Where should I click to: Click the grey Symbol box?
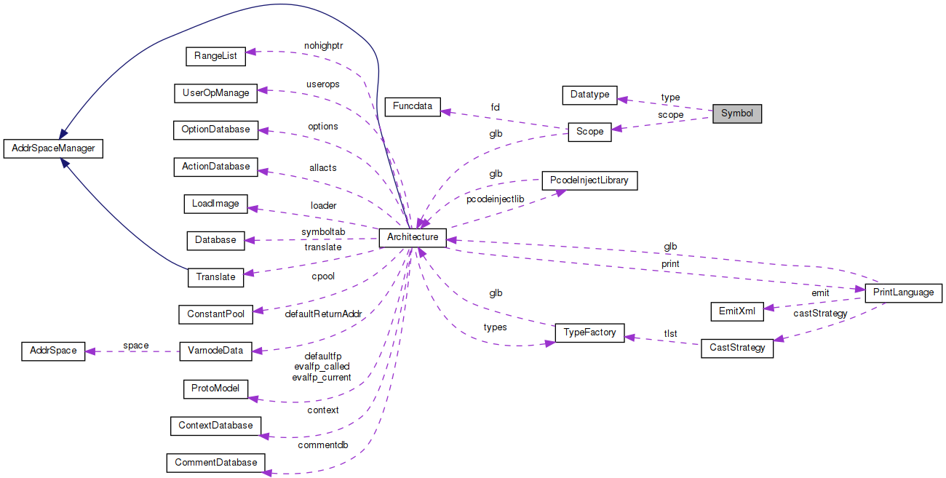736,114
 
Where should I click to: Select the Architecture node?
412,237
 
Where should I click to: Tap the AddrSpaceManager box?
53,149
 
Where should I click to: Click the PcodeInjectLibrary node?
589,180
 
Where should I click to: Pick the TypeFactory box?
589,332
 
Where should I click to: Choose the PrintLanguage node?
903,292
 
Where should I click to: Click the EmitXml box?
736,311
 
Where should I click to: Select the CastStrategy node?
737,348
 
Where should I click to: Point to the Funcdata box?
413,106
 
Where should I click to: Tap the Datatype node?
589,95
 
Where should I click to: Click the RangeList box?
216,55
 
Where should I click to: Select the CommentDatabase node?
215,462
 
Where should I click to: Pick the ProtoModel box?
215,389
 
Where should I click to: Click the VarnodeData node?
215,351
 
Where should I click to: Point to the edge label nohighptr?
323,45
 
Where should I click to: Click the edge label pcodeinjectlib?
495,199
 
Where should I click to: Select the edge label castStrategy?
819,313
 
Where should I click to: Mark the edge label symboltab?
323,231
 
